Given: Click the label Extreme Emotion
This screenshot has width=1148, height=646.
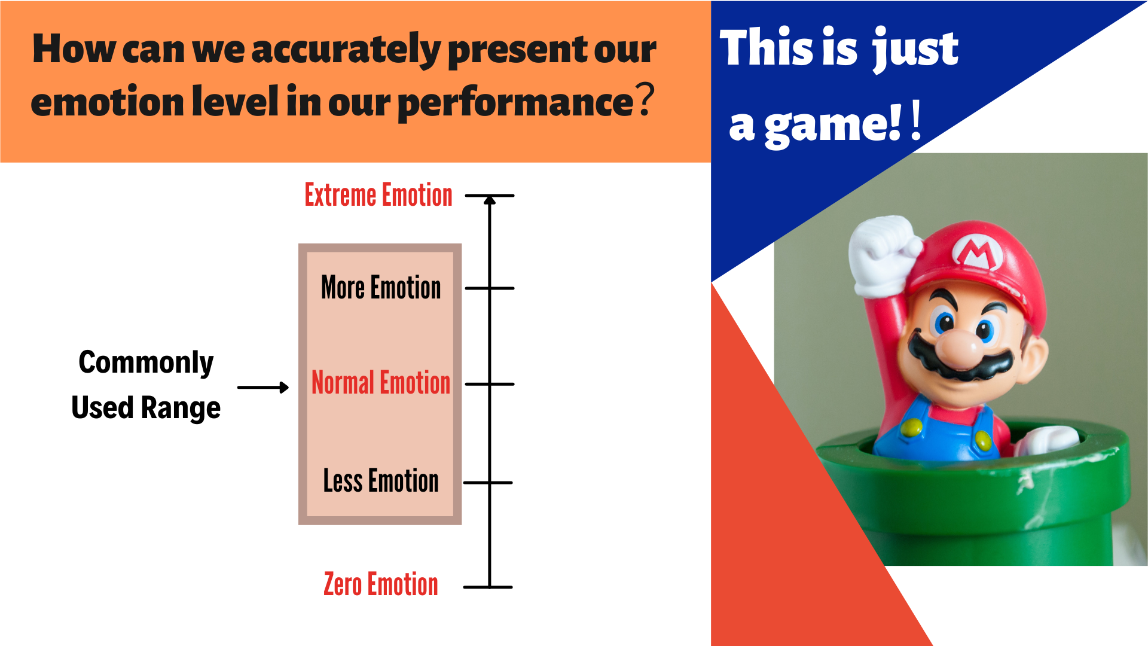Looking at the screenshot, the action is (378, 195).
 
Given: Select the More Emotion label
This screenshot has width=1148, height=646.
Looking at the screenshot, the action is (381, 287).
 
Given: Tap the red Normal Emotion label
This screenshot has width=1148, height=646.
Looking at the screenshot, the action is (381, 383).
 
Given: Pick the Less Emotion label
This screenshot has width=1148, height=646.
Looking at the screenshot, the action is (381, 481).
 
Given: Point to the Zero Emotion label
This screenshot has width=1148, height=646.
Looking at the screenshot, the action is (381, 584).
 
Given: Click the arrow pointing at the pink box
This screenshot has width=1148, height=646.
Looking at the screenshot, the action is (263, 388).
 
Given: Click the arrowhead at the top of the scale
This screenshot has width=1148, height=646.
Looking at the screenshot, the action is (490, 200).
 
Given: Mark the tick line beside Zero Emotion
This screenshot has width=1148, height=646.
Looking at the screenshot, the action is (488, 587).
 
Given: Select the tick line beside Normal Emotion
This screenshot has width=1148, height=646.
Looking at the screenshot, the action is (490, 384).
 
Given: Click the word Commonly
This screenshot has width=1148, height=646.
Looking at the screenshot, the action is (146, 362).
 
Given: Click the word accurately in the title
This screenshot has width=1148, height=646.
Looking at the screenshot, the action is (346, 50).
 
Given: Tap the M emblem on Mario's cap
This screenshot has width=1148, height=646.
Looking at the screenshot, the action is (978, 251).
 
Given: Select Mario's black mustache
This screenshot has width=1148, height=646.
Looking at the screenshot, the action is (960, 359).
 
